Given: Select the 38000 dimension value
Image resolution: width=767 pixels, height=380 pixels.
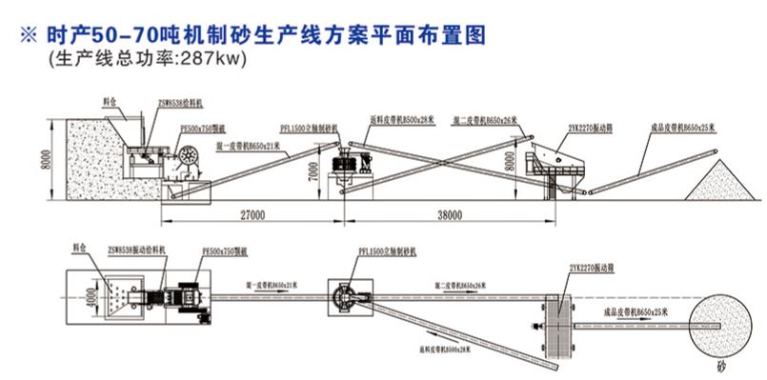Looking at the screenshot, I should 449,216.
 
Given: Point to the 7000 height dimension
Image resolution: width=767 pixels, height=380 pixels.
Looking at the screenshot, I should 313,171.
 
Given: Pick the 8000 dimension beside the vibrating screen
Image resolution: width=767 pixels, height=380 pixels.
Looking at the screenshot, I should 510,156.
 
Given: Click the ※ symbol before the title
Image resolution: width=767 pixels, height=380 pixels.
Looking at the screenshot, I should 26,36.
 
